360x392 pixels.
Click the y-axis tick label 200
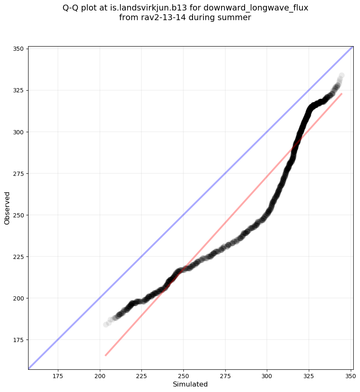(19, 298)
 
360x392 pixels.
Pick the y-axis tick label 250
(19, 215)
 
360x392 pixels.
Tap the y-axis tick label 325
(19, 90)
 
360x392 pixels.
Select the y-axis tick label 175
(19, 340)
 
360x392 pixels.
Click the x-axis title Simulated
(190, 384)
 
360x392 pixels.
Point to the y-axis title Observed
(7, 208)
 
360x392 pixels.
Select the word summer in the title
(236, 18)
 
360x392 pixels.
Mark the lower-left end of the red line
(105, 355)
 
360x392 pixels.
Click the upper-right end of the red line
(342, 94)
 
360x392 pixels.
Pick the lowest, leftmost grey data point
(106, 324)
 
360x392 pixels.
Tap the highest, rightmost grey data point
(342, 76)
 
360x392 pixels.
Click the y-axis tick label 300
(19, 132)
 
